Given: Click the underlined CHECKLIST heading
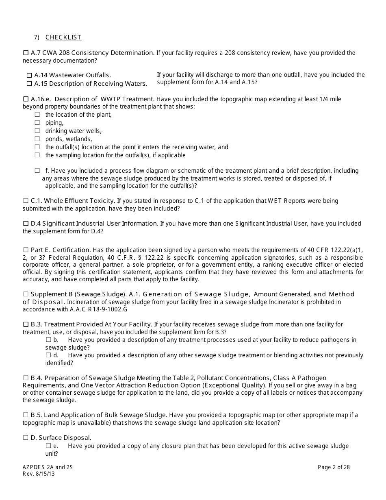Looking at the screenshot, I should coord(63,37).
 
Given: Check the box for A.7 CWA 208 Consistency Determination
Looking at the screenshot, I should coord(26,53).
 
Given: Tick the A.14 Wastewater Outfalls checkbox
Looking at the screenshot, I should coord(29,75).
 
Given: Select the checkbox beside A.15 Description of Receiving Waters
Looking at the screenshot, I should coord(29,84).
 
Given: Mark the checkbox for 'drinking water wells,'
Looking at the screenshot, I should coord(37,131).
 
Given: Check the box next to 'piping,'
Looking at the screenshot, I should coord(37,123).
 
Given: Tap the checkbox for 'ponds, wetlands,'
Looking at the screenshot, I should coord(37,139).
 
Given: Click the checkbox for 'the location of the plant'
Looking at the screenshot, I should coord(37,115).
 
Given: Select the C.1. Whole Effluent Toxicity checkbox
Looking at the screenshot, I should coord(26,201).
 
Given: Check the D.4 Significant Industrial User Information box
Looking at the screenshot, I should coord(26,224).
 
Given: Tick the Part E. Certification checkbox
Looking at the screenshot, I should coord(26,250).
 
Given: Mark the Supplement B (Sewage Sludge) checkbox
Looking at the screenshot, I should coord(26,294).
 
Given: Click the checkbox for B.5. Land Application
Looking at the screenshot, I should coord(26,415).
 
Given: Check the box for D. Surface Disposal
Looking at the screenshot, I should coord(26,438).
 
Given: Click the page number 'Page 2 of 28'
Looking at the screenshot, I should coord(334,467).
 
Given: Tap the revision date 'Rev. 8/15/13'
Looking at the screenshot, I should coord(39,474).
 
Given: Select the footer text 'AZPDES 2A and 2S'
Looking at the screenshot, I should coord(48,467).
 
